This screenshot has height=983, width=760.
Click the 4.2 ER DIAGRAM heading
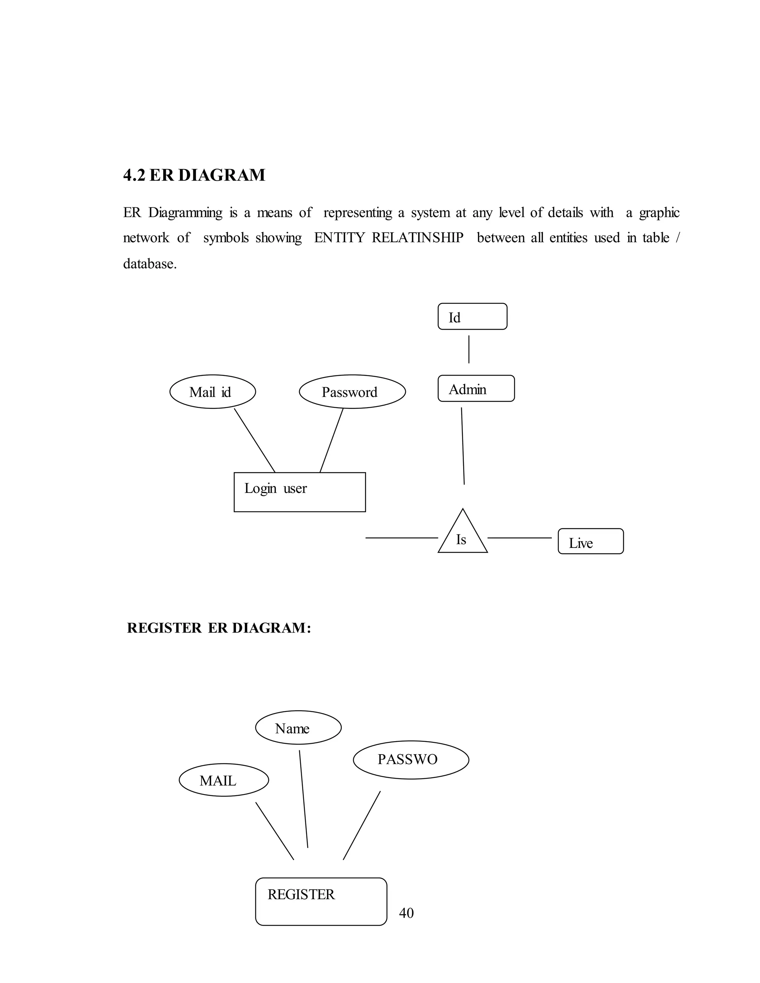click(x=194, y=175)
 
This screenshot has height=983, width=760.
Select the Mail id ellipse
click(x=213, y=392)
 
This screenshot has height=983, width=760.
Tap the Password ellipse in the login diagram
click(x=352, y=392)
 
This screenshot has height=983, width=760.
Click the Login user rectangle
click(x=299, y=492)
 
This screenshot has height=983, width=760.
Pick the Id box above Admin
click(x=472, y=316)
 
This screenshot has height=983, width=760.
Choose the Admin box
click(x=476, y=388)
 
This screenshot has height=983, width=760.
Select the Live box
click(x=590, y=542)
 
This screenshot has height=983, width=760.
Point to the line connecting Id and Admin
click(x=469, y=349)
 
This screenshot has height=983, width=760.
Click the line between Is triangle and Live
click(x=519, y=538)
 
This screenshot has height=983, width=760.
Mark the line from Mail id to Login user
click(x=254, y=440)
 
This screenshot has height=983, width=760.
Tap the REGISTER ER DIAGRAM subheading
click(x=219, y=628)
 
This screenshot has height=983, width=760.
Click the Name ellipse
click(x=298, y=728)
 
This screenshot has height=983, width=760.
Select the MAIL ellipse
click(x=224, y=780)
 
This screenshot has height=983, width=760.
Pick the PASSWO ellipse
click(x=411, y=760)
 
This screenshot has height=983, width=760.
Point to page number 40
click(x=406, y=913)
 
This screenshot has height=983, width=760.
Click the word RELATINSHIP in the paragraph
click(x=417, y=238)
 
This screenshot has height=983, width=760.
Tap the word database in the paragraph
click(x=150, y=264)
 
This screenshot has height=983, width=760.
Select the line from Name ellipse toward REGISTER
click(x=304, y=799)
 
